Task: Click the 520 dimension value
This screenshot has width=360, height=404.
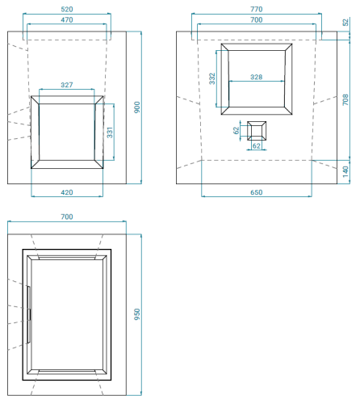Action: (x=67, y=9)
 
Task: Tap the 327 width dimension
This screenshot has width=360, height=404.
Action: (x=67, y=85)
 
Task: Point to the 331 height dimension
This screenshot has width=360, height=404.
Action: (x=110, y=133)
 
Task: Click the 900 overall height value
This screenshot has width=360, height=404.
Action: (x=137, y=107)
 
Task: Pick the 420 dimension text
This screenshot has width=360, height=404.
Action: (x=67, y=192)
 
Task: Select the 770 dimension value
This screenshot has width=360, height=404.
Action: (x=256, y=9)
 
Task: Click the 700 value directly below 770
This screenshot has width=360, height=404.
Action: (x=256, y=19)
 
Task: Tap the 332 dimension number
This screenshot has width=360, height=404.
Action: (x=212, y=78)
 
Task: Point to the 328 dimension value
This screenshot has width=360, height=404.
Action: (x=257, y=77)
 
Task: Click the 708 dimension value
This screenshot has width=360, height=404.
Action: (x=345, y=99)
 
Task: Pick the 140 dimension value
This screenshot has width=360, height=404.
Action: (x=345, y=170)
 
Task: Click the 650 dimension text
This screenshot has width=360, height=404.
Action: (x=256, y=192)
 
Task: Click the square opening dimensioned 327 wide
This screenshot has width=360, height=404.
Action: (x=67, y=133)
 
